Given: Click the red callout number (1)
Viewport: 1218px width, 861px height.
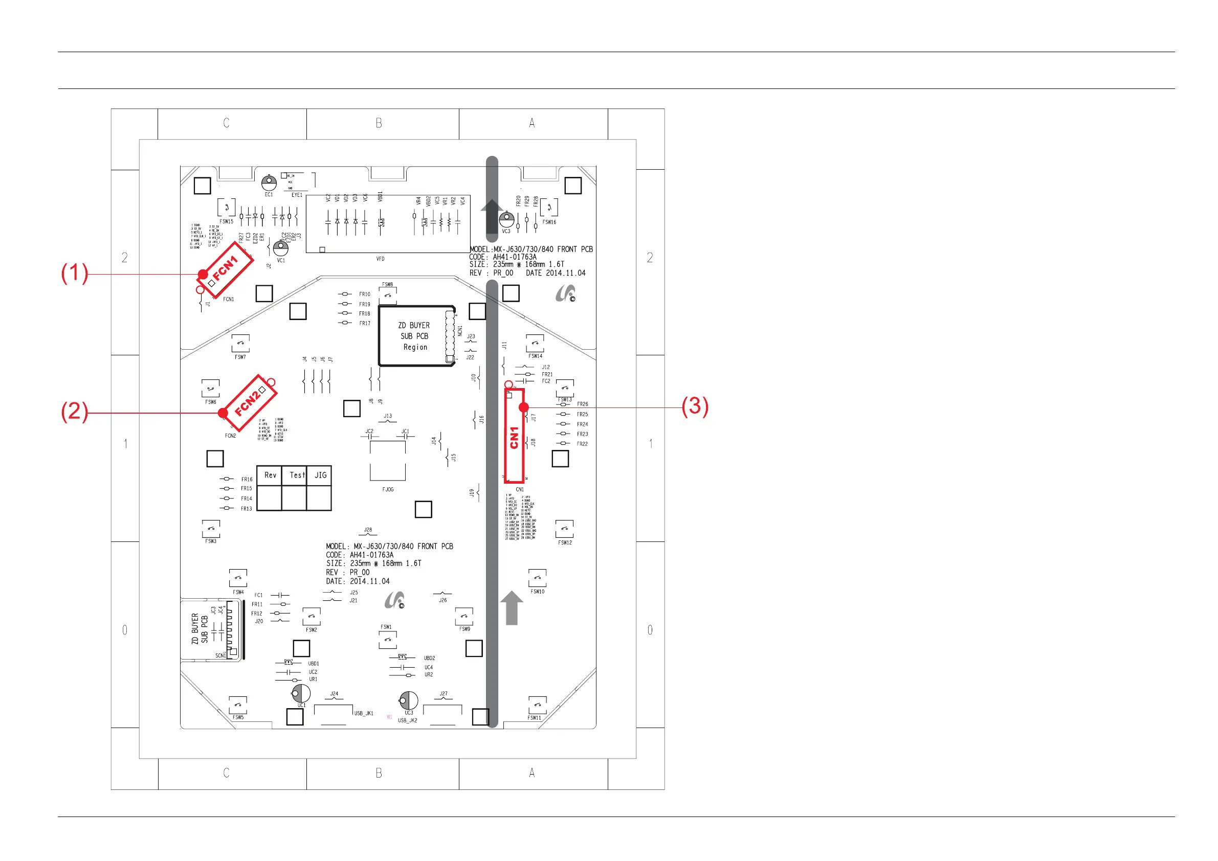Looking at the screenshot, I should tap(74, 273).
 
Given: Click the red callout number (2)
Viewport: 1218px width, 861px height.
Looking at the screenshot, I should tap(74, 412).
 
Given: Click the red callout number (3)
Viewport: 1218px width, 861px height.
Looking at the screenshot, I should tap(695, 406).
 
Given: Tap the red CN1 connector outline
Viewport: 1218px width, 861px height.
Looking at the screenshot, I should tap(514, 436).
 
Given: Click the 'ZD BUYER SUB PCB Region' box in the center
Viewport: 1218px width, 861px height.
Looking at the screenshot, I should tap(414, 336).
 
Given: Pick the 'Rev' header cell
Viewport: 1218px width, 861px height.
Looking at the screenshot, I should tap(270, 475).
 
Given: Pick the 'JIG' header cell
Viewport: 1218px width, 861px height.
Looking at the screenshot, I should tap(320, 475).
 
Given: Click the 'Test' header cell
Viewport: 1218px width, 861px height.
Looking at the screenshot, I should tap(295, 475).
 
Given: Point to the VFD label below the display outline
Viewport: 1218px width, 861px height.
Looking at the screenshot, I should tap(381, 259).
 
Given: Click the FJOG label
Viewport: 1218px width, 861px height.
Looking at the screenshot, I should tap(388, 489).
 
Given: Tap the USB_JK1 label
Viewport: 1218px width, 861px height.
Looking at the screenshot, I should tap(364, 713).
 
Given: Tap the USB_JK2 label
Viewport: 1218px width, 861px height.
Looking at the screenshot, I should tap(407, 720).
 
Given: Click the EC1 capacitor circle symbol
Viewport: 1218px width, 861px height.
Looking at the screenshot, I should tap(269, 183).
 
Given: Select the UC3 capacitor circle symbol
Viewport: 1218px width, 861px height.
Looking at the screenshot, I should tap(409, 700).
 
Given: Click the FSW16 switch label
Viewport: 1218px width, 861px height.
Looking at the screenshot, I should tap(549, 222).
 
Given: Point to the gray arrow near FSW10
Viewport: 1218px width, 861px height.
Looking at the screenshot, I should tap(512, 607).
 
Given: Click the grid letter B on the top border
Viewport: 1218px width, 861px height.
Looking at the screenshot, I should tap(379, 123).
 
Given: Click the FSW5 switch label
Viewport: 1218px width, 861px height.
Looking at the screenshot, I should tap(238, 717).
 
